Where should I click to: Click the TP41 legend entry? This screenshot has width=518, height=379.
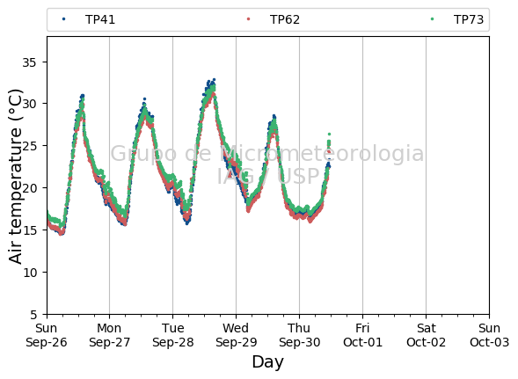pos(89,19)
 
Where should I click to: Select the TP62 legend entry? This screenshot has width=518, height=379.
pos(274,19)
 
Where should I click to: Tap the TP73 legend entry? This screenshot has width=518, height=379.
pos(457,19)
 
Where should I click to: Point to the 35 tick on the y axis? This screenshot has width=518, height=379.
pos(29,62)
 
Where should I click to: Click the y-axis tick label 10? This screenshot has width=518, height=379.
pos(30,273)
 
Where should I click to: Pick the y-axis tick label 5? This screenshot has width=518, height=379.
pos(33,315)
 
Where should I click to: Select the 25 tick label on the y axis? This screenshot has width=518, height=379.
pos(29,146)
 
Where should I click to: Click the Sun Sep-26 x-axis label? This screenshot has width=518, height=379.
pos(47,335)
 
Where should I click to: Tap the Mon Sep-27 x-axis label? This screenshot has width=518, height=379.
pos(109,335)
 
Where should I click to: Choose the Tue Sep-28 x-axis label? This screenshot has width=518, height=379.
pos(172,335)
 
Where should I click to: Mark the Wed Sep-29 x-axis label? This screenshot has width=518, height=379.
pos(236,335)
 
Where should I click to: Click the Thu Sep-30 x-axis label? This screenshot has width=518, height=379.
pos(299,335)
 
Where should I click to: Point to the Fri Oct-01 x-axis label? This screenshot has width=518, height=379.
pos(362,335)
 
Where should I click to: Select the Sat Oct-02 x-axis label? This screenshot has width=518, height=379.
pos(426,335)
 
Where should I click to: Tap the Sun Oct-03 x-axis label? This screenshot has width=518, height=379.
pos(489,335)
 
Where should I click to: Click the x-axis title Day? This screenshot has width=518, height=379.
pos(267,362)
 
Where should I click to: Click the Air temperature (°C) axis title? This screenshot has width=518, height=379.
pos(15,177)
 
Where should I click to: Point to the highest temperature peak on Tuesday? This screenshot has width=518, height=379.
pos(214,79)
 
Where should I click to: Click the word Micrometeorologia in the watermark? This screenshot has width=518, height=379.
pos(321,154)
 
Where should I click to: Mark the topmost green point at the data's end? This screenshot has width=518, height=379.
pos(329,135)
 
